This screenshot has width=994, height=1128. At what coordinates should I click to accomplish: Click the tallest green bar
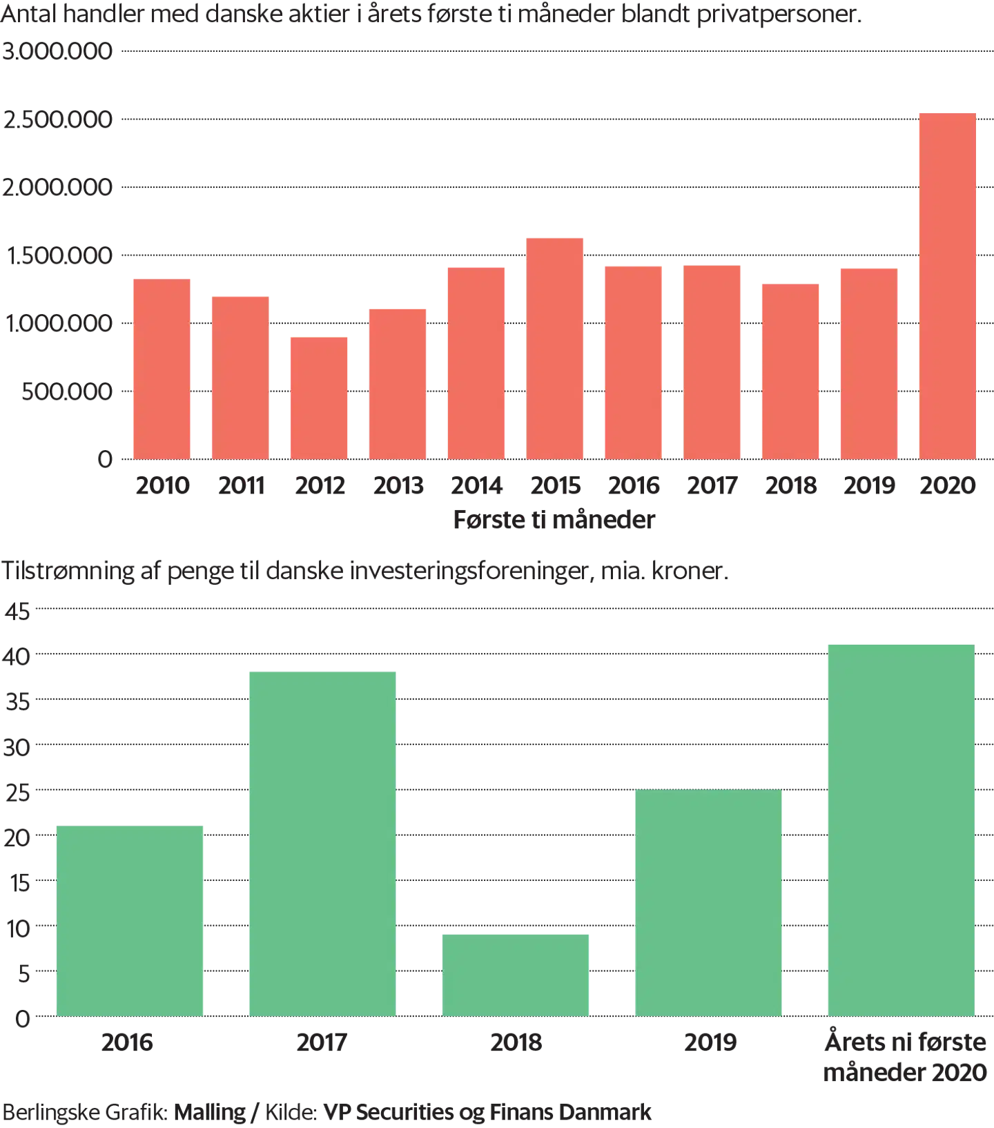pyautogui.click(x=901, y=828)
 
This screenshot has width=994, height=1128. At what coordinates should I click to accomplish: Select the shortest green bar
pyautogui.click(x=516, y=974)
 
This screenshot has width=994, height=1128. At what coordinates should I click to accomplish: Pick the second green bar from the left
pyautogui.click(x=322, y=842)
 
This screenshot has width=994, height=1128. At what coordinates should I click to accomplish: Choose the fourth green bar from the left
pyautogui.click(x=709, y=902)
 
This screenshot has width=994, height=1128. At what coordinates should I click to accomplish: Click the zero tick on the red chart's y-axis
pyautogui.click(x=106, y=459)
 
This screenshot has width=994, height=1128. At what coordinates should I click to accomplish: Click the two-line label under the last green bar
pyautogui.click(x=905, y=1057)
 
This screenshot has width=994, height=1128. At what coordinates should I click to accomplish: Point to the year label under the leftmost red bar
pyautogui.click(x=162, y=487)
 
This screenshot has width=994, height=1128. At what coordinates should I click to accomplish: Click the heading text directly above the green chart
pyautogui.click(x=366, y=571)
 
